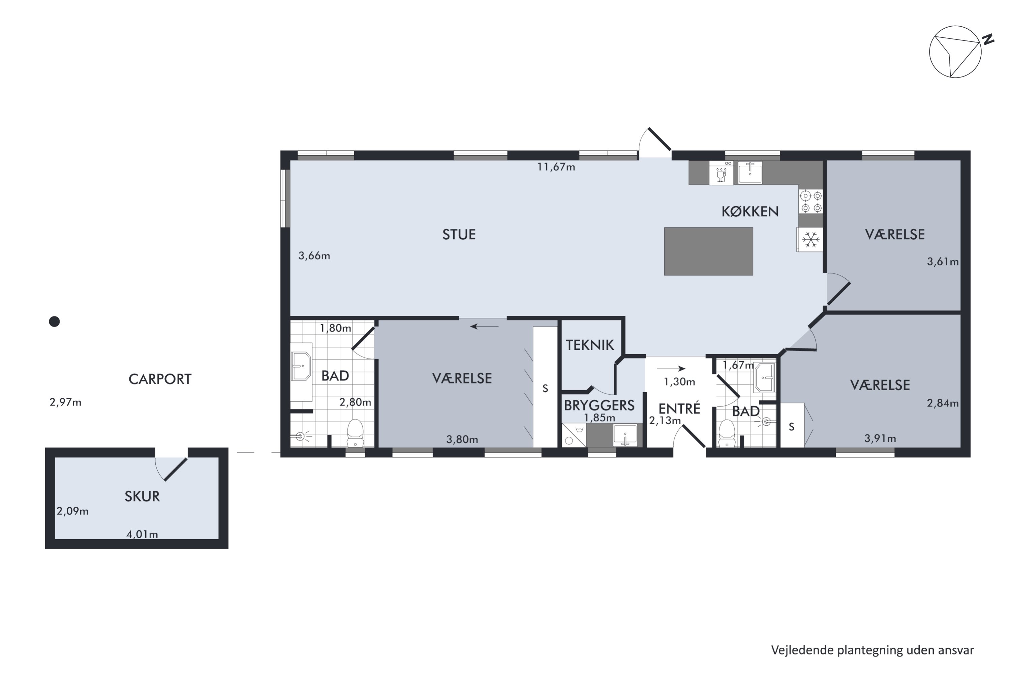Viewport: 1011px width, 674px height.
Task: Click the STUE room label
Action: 459,234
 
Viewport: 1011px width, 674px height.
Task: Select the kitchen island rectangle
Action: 708,251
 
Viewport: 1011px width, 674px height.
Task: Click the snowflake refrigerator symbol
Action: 811,239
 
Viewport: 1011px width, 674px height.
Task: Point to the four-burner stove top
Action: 811,202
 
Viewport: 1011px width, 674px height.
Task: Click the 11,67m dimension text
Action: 556,167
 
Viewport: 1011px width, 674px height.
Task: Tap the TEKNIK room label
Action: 590,345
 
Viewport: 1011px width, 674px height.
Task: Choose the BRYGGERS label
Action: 599,405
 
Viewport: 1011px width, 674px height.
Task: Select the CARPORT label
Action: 160,379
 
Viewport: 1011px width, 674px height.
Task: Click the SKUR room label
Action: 142,496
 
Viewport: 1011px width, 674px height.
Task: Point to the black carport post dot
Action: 54,321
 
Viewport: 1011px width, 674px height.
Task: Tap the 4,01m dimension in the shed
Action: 142,534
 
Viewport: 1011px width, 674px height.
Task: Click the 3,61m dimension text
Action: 943,262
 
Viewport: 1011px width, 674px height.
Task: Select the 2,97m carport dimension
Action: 65,402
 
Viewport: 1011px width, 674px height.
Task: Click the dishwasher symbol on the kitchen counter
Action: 721,173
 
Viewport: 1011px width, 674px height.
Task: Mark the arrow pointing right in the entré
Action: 671,368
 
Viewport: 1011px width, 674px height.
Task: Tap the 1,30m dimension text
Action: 679,382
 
